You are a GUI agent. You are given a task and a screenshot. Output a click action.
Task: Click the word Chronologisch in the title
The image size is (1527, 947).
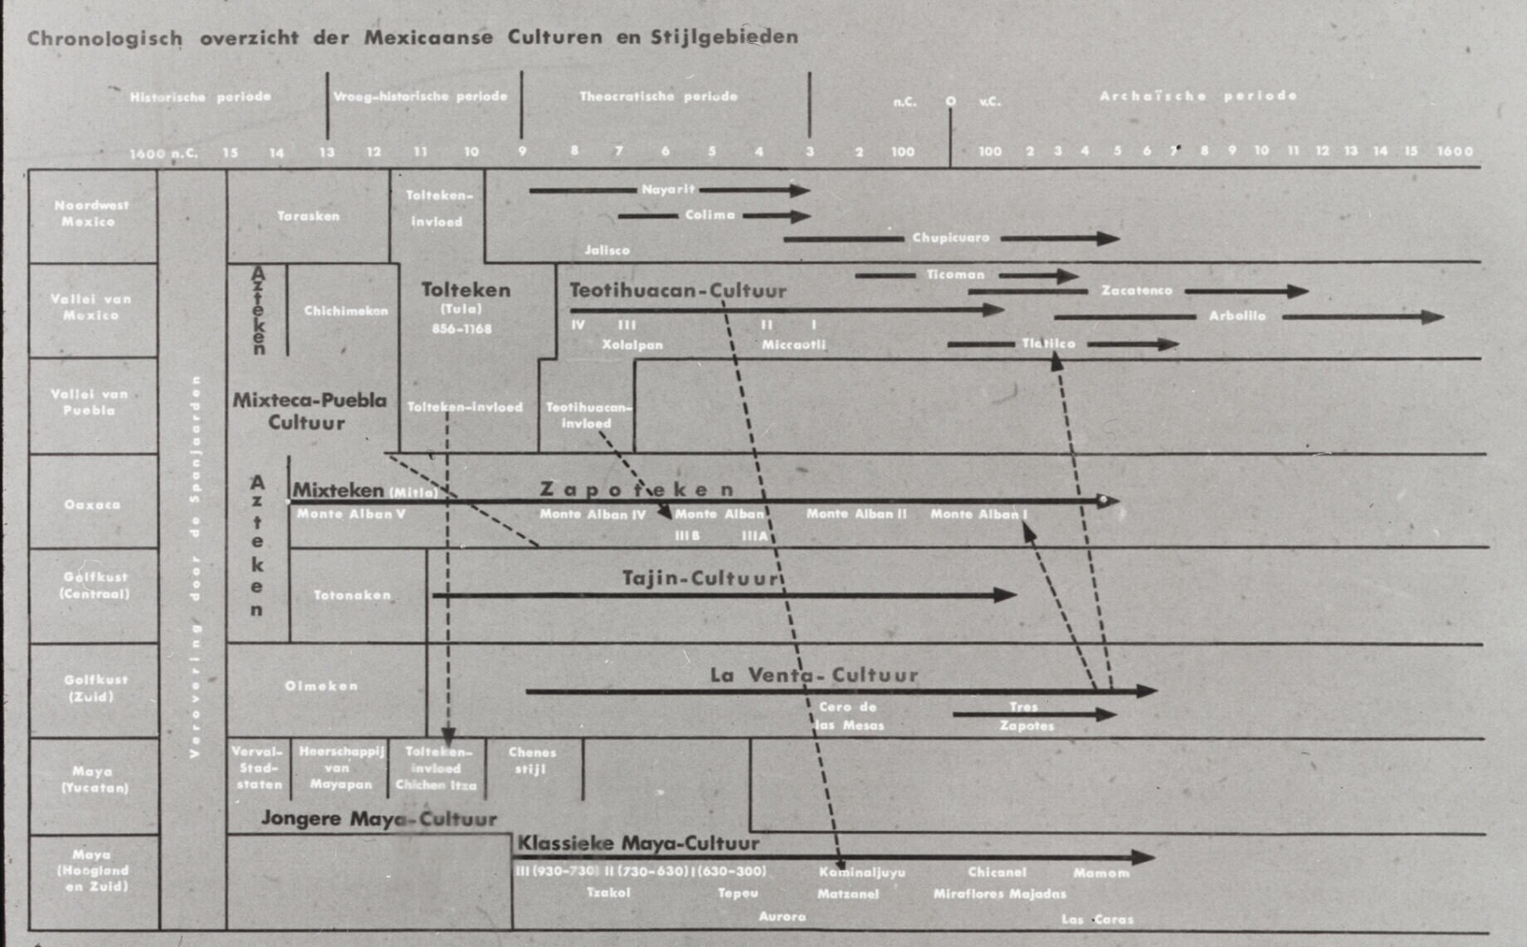click(105, 38)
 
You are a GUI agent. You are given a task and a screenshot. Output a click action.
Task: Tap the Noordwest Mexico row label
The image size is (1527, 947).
click(91, 213)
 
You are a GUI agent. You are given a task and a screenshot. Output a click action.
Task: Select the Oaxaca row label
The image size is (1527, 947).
click(92, 505)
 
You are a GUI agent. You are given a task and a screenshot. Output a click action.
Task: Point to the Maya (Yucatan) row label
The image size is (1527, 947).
click(92, 779)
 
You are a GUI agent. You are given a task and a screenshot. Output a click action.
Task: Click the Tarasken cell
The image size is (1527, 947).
click(308, 216)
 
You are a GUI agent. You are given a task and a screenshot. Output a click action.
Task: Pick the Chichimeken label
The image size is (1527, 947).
click(345, 311)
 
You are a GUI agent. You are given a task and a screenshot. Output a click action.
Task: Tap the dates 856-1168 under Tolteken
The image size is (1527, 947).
click(461, 329)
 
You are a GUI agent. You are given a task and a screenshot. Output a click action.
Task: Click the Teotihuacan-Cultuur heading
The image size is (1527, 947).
click(677, 290)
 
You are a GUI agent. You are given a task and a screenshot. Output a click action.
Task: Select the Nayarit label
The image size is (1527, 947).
click(667, 189)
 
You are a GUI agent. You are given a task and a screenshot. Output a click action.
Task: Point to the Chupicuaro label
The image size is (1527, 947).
click(951, 237)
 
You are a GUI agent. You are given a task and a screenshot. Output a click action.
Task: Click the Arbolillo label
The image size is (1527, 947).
click(1237, 316)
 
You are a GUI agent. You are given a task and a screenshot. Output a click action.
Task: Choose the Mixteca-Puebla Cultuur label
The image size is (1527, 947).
click(309, 411)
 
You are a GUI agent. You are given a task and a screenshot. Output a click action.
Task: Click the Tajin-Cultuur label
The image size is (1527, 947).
click(701, 578)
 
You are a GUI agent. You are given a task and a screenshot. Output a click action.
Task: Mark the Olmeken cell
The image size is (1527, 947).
click(321, 686)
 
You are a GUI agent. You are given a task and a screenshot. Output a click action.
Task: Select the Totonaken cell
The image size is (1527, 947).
click(352, 595)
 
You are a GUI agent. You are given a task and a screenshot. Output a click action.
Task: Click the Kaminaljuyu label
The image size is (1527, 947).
click(861, 872)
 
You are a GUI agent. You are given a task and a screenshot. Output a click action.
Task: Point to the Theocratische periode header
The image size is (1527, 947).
click(658, 96)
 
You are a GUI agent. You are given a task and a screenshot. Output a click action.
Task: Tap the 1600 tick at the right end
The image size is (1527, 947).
click(1455, 151)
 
